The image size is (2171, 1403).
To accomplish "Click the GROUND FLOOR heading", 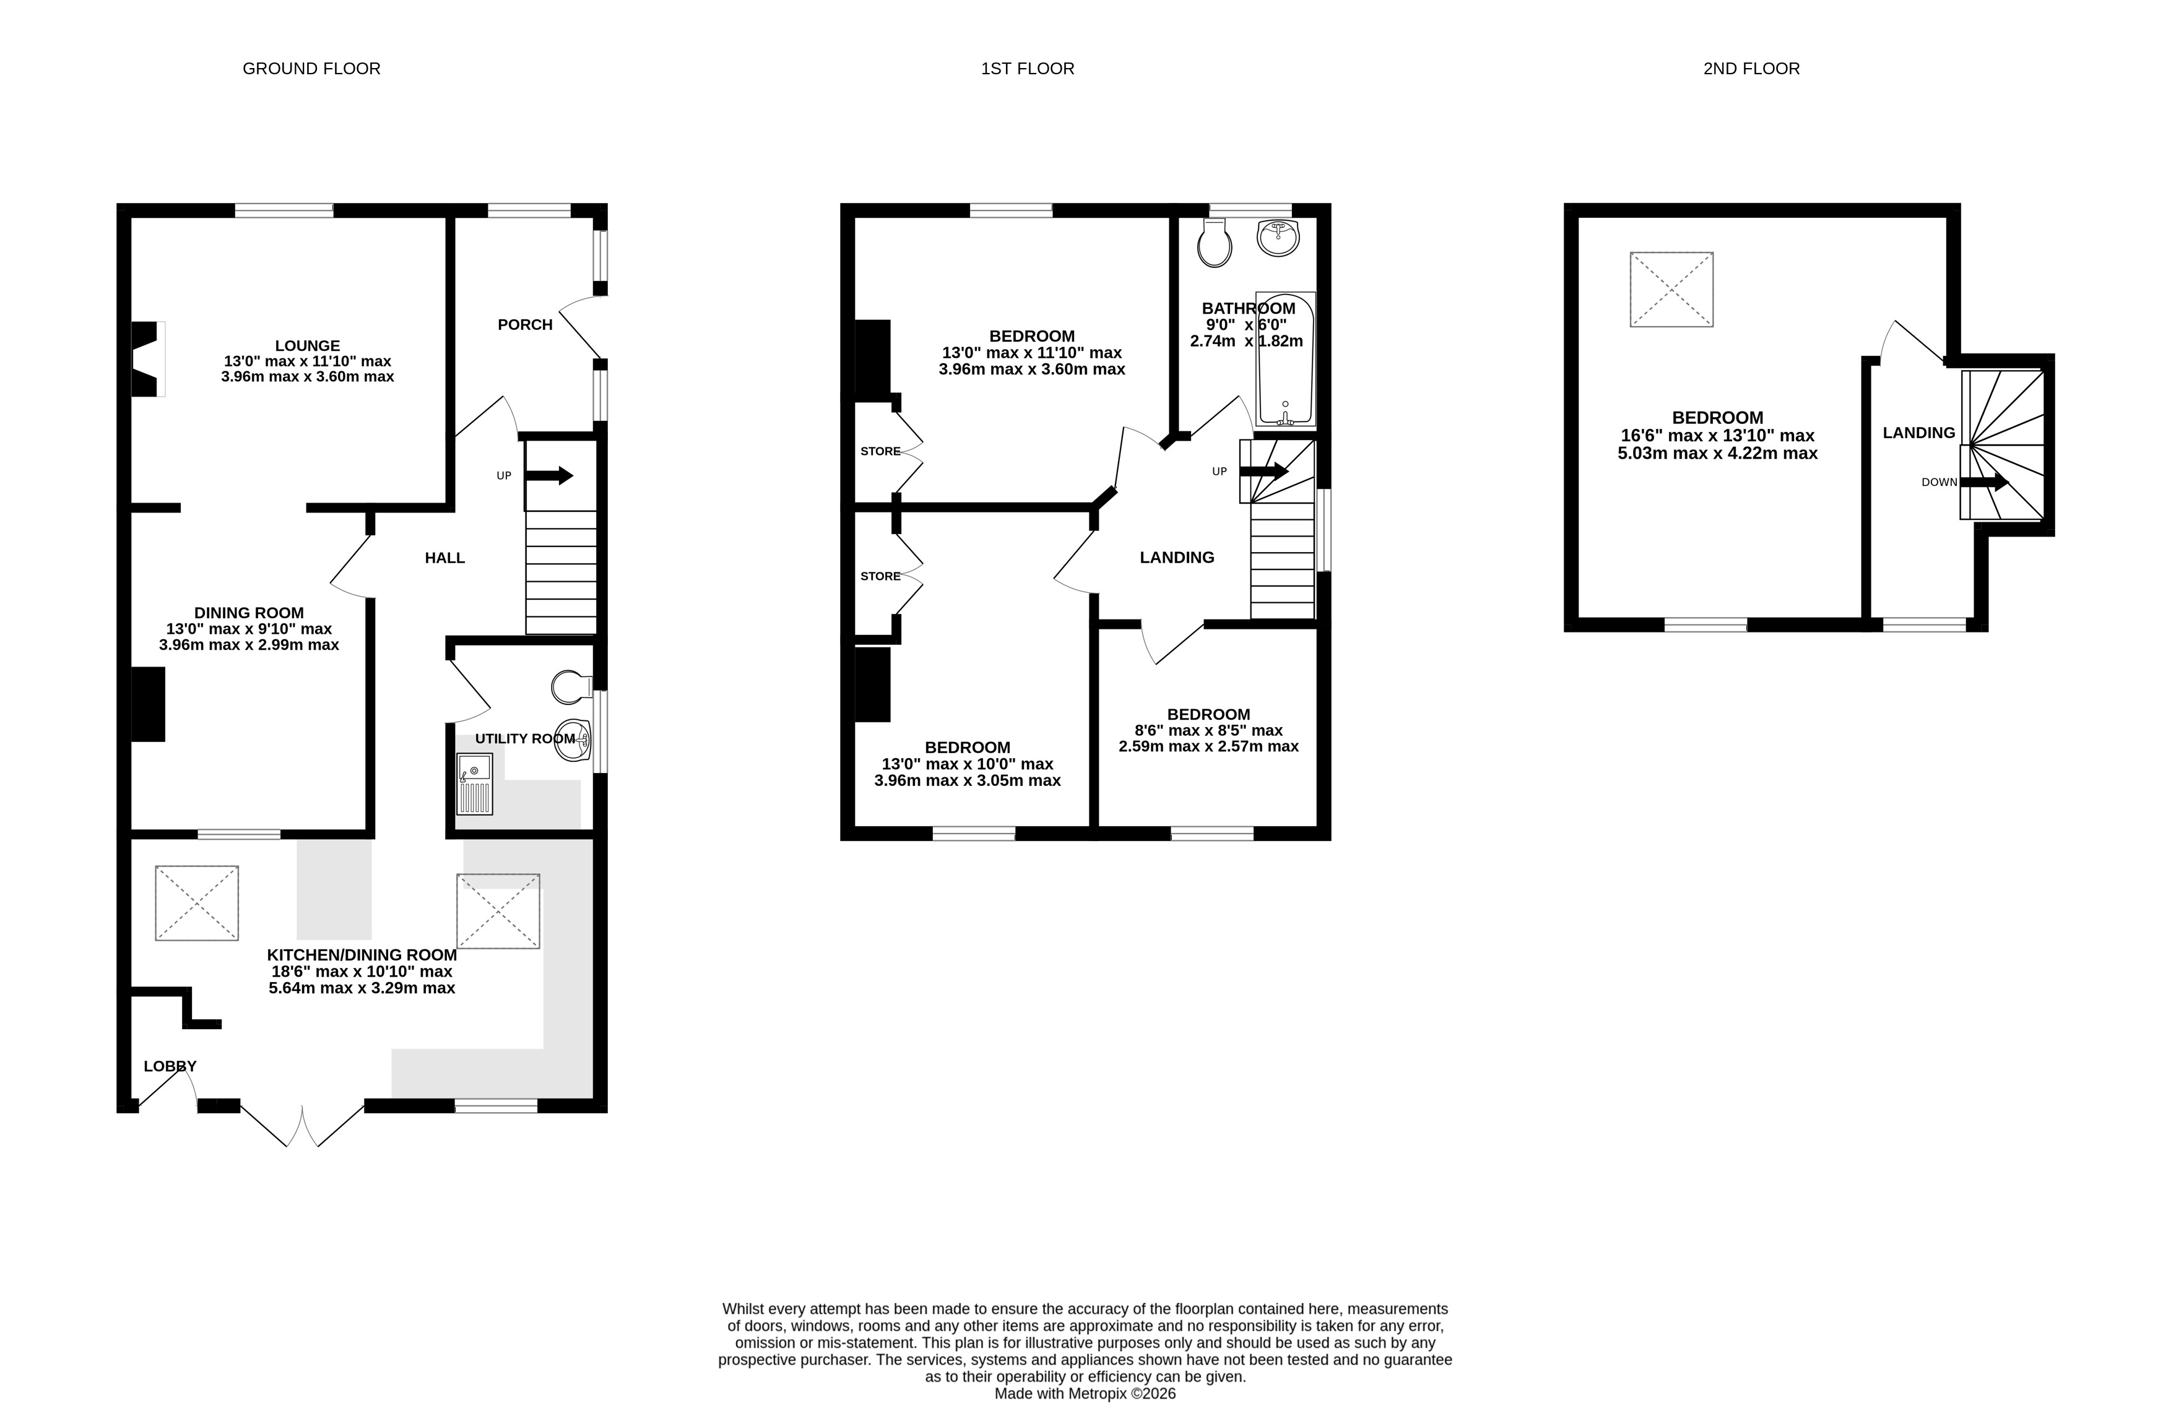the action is [x=311, y=68].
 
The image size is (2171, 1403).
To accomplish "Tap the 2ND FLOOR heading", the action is [x=1751, y=68].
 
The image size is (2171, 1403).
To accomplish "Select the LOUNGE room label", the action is [x=307, y=345].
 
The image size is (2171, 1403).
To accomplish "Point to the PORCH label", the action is [x=525, y=324].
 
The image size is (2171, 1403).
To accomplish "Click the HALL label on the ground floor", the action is [x=444, y=558].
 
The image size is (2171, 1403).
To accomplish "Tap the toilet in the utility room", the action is [x=572, y=688].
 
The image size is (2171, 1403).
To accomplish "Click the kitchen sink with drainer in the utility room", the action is [x=475, y=784].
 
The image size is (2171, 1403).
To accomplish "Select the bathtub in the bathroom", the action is [x=1286, y=359].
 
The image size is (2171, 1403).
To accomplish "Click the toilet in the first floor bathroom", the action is [x=1215, y=243].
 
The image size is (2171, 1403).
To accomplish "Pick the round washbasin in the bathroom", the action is [x=1278, y=238].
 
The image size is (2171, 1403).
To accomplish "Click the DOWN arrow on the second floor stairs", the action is [x=1984, y=482].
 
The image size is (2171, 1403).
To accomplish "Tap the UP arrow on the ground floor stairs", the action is [x=548, y=475].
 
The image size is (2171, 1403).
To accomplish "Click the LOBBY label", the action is [x=170, y=1066].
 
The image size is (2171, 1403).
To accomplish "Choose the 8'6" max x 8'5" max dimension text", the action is [x=1208, y=731].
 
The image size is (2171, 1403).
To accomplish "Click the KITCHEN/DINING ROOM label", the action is [x=362, y=955].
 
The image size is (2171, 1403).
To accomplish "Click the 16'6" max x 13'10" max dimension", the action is [x=1717, y=436].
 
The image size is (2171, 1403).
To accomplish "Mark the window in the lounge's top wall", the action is [x=284, y=210].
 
